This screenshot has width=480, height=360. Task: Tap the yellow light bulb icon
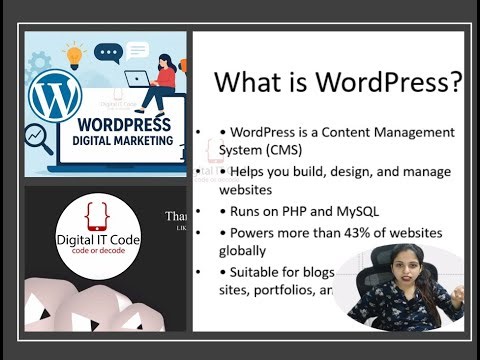74,51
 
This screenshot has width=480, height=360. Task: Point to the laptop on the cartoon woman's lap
139,79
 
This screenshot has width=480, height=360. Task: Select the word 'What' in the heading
246,81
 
